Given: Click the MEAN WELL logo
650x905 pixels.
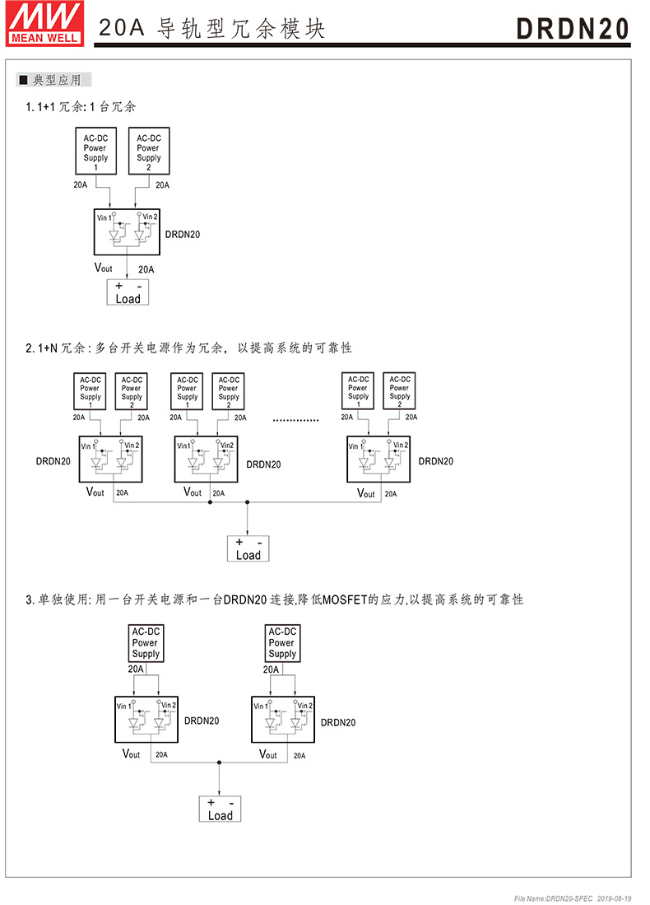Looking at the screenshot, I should (x=45, y=22).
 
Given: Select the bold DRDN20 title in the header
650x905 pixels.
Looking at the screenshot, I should (x=573, y=28).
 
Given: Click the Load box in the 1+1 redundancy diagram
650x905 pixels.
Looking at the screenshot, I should (x=128, y=292).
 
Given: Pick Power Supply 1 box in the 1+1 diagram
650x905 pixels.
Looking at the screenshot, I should (x=95, y=151).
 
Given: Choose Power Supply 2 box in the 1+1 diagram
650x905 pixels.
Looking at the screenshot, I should (x=149, y=151).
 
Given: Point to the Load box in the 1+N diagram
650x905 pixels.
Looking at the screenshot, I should (x=248, y=548).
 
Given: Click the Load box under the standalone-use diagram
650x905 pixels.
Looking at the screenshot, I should (x=220, y=809).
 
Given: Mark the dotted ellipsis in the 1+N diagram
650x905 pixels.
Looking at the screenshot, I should (x=295, y=420).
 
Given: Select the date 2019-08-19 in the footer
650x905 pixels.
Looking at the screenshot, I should (x=613, y=897).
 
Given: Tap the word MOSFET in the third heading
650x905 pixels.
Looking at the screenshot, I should (x=345, y=599).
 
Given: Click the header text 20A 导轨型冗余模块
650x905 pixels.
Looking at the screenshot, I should (x=212, y=29).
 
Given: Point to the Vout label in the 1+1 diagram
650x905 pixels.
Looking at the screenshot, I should (x=104, y=268).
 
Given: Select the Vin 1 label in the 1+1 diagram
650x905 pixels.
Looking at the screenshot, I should (x=104, y=217).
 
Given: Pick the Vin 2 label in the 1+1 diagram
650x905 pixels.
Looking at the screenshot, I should (x=149, y=217).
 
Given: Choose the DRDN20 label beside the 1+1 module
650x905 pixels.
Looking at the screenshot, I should (x=183, y=234).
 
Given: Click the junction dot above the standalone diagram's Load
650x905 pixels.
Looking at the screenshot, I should (x=219, y=763).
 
